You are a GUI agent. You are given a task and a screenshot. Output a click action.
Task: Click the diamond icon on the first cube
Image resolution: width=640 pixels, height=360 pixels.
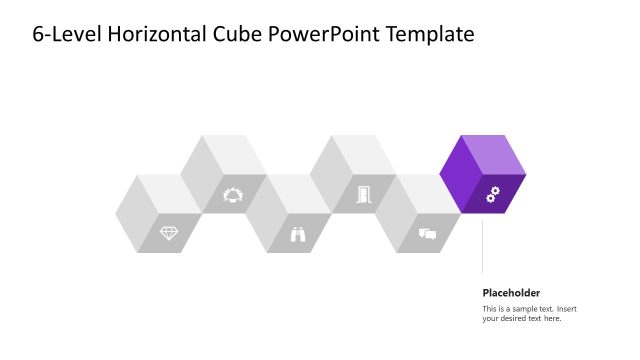[169, 233]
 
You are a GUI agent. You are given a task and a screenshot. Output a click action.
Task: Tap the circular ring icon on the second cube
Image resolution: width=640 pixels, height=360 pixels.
[233, 194]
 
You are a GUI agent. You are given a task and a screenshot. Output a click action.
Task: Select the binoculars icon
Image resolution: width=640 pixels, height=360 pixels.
[298, 235]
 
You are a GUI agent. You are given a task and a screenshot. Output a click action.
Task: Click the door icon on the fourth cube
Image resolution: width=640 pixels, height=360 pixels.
[362, 194]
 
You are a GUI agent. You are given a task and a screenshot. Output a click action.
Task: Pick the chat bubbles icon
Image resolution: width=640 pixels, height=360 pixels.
[427, 235]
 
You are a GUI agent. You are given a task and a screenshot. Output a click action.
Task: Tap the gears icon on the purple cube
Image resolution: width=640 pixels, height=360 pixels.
[492, 195]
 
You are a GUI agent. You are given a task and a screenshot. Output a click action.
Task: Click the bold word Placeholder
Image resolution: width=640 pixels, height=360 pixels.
[511, 293]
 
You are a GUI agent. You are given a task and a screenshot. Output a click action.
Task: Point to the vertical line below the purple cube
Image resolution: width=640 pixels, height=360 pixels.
[483, 245]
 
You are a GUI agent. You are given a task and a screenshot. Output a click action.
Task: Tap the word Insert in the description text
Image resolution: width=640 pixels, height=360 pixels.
[568, 308]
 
